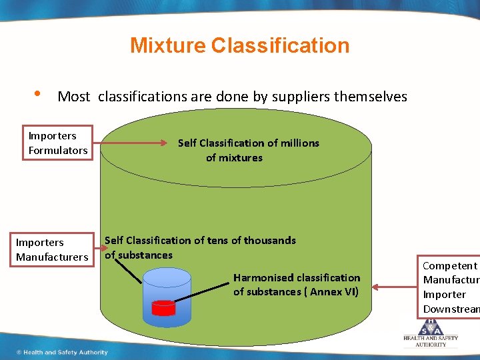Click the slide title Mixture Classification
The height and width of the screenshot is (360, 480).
point(239,45)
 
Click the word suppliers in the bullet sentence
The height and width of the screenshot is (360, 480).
point(302,97)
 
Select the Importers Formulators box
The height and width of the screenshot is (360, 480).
point(58,143)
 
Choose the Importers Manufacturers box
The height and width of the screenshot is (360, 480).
point(52,249)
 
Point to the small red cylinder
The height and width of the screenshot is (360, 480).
point(163,307)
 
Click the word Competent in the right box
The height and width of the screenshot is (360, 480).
point(450,266)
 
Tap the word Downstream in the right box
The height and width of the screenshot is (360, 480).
point(451,309)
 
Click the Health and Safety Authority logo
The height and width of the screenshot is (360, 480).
point(430,331)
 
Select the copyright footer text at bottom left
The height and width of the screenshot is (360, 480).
point(61,352)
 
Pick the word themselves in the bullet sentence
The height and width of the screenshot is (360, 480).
point(370,97)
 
